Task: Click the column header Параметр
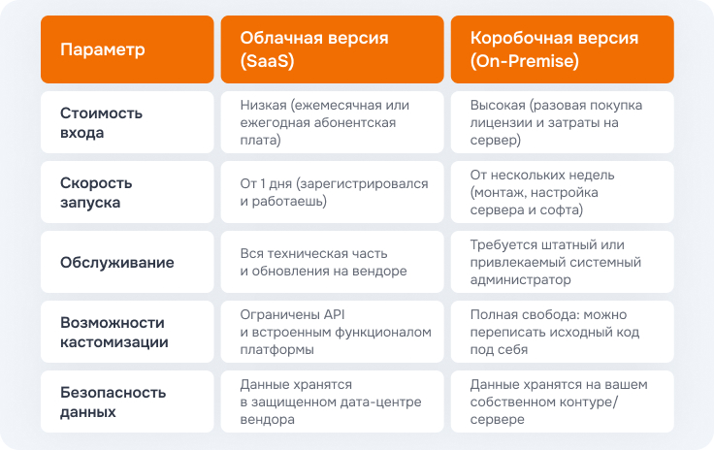(x=103, y=49)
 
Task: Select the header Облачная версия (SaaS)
(x=314, y=49)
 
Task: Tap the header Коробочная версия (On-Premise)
(x=554, y=49)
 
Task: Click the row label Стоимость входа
(x=101, y=122)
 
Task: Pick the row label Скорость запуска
(x=96, y=192)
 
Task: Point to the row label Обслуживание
(x=117, y=262)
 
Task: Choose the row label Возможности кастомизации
(x=114, y=332)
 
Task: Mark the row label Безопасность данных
(x=113, y=402)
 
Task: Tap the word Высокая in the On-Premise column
(x=498, y=105)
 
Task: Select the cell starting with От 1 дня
(x=335, y=192)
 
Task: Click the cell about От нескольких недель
(x=542, y=192)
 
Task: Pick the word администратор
(x=521, y=279)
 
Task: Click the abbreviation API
(x=335, y=314)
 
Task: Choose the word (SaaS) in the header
(x=268, y=60)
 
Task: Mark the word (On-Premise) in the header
(x=525, y=60)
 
